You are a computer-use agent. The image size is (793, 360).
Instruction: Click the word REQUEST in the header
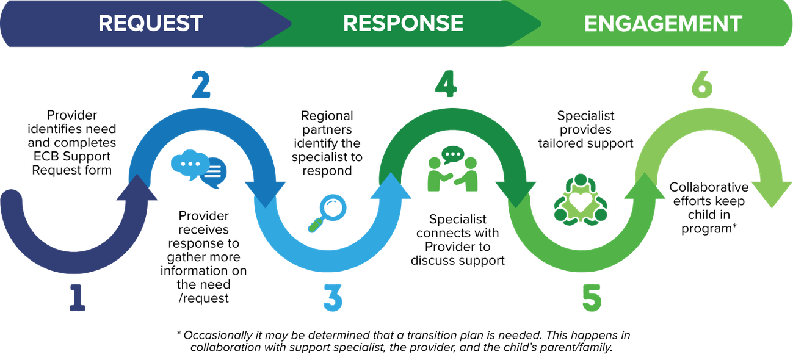150,24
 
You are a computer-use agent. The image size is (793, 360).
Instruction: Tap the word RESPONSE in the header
403,24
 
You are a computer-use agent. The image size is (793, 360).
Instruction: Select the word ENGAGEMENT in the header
663,24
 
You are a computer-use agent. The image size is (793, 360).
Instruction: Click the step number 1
76,295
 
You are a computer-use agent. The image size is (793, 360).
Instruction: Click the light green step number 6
702,85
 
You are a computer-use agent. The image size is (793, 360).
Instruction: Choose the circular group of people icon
581,198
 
